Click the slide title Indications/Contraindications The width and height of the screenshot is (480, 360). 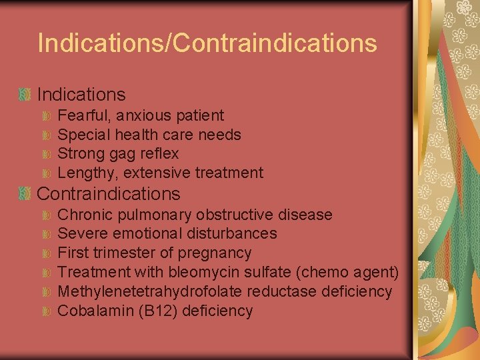pos(207,43)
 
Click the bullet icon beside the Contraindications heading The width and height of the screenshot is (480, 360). pos(25,194)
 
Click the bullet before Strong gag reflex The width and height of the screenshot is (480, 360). pos(47,155)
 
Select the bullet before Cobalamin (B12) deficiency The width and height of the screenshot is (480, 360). pos(47,311)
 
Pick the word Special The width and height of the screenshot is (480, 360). pos(84,135)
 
